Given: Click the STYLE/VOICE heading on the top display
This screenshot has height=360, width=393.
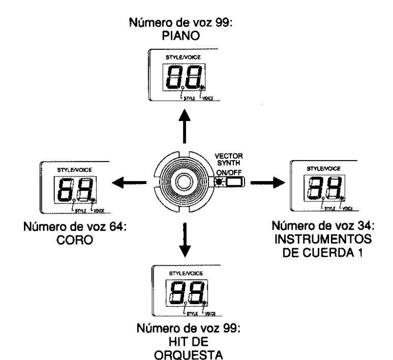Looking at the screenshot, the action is tap(180, 58).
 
